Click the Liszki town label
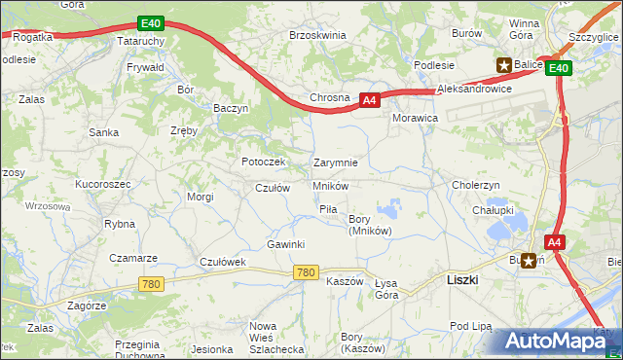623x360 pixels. pos(461,279)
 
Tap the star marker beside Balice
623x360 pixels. pos(504,65)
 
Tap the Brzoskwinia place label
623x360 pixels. pos(317,35)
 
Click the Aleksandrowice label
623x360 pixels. pos(475,89)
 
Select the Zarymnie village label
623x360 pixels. pos(335,162)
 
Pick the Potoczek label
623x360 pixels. pos(263,162)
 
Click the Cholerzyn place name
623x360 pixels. pos(475,185)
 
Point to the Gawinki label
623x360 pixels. pos(286,244)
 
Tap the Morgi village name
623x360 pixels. pos(201,197)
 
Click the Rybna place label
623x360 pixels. pos(119,224)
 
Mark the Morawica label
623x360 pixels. pos(414,117)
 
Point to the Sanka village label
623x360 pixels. pos(103,132)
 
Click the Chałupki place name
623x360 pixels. pos(493,209)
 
